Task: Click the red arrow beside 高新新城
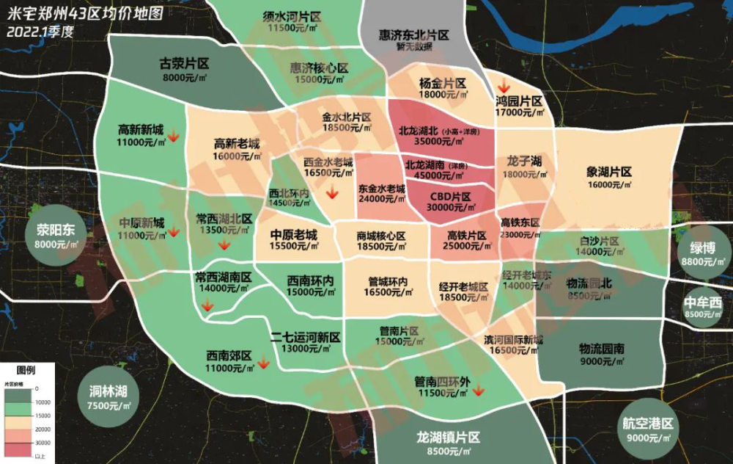coord(174,135)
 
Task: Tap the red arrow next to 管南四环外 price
coord(478,390)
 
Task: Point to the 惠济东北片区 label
coord(413,35)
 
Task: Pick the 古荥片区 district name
coord(185,64)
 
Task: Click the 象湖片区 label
coord(609,172)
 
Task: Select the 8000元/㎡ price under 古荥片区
coord(185,77)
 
